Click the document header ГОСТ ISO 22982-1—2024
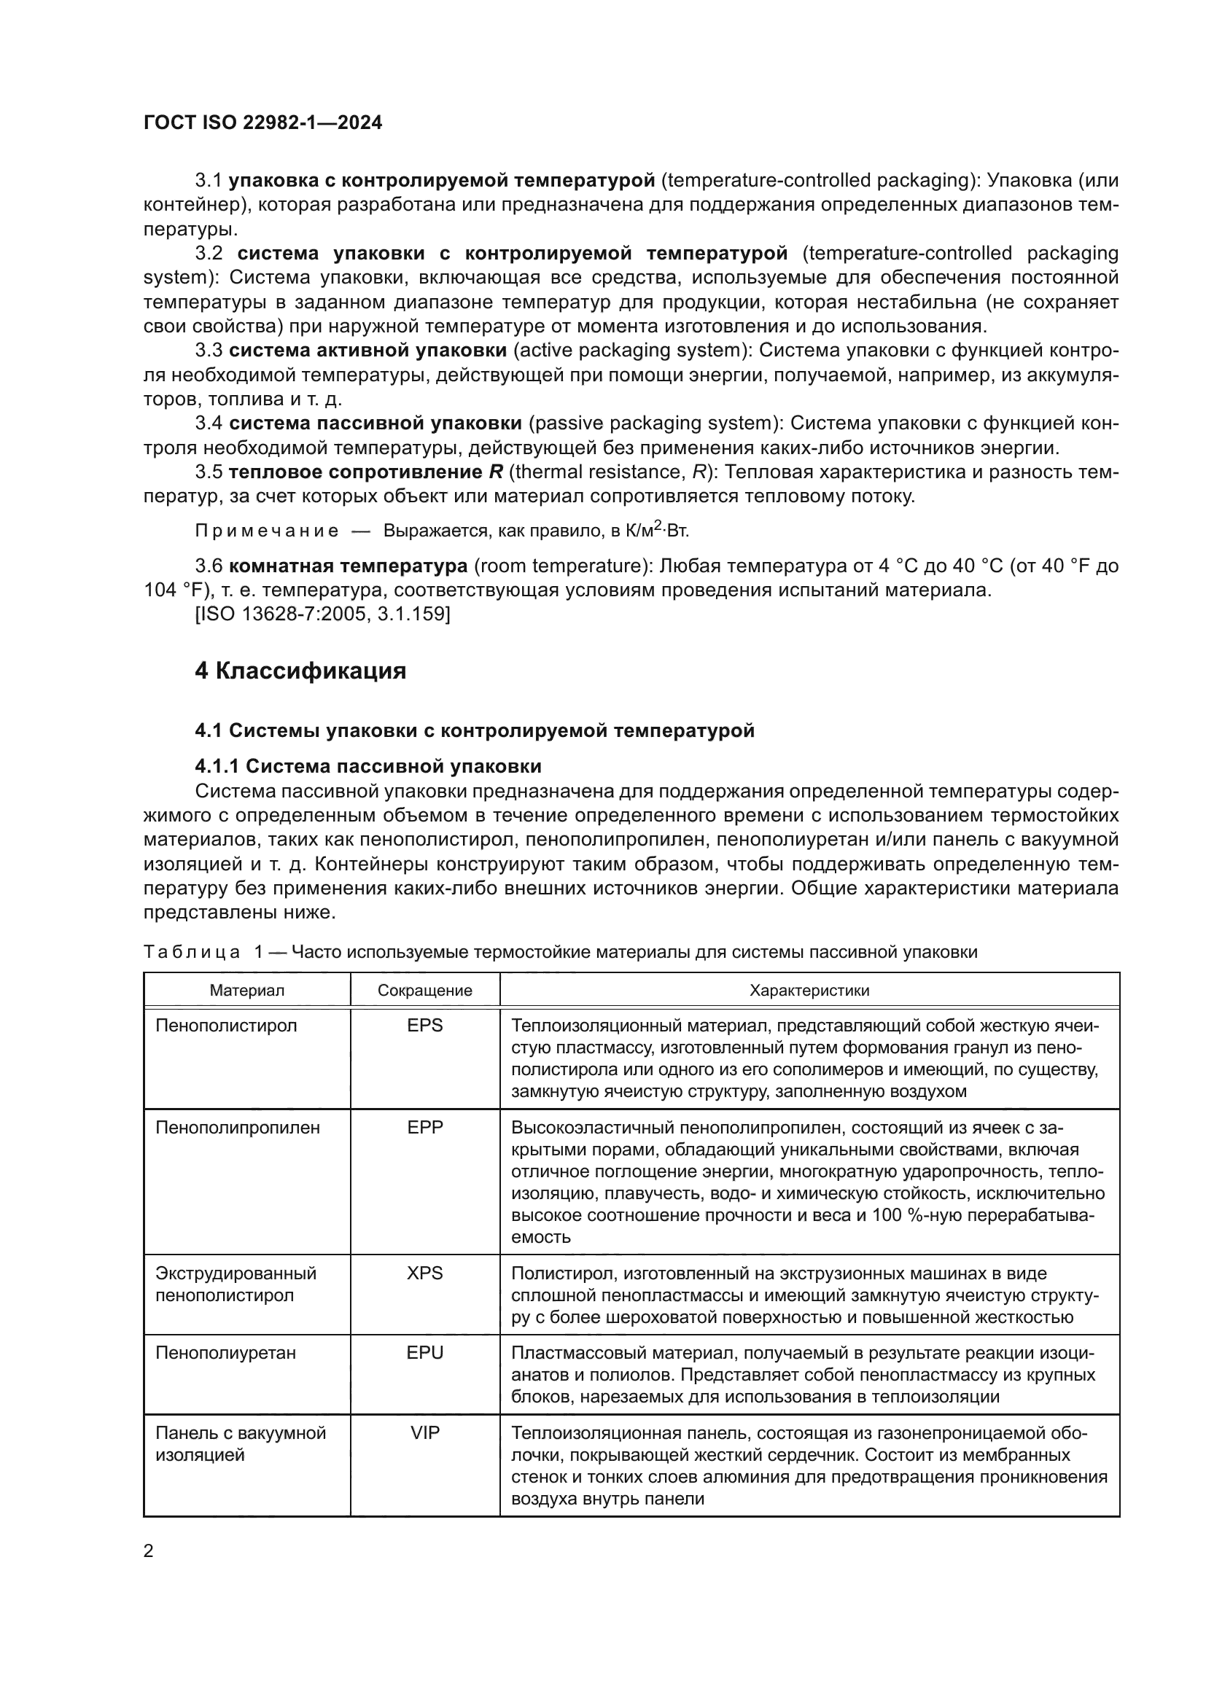point(263,122)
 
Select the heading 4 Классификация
point(300,671)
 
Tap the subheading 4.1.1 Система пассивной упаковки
point(367,766)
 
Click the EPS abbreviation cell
point(425,1026)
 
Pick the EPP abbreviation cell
point(425,1127)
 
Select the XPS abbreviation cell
point(425,1273)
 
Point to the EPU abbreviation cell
point(425,1352)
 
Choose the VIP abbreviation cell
point(425,1432)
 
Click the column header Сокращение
point(425,991)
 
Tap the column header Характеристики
point(809,991)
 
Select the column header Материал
point(246,991)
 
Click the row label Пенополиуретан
point(226,1353)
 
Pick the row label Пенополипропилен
point(238,1127)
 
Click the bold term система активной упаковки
point(367,351)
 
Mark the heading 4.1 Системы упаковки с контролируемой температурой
point(475,730)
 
